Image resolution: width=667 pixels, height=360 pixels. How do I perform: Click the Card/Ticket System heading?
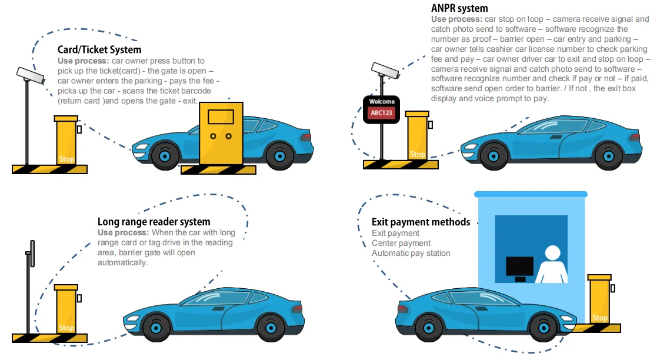(99, 50)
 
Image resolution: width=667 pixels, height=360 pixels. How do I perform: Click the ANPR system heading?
(459, 8)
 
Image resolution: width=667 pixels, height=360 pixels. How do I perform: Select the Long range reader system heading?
(154, 222)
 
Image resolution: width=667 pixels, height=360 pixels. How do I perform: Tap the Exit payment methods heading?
(421, 222)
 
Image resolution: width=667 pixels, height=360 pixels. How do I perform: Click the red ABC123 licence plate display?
(382, 113)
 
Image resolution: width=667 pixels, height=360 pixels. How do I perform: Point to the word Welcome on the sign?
(382, 101)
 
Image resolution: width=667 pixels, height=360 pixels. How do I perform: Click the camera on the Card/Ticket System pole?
(30, 75)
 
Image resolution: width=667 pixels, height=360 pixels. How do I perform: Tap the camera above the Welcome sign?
(385, 70)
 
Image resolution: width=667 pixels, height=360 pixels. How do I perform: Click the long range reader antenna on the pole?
(32, 254)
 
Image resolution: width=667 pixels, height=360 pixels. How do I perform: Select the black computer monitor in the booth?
(520, 269)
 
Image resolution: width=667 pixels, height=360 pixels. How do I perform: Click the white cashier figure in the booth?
(552, 264)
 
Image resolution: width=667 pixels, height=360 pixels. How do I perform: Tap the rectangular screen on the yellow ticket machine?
(221, 116)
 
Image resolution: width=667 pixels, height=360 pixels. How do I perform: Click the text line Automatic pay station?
(411, 253)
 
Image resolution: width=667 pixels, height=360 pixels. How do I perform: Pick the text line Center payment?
(401, 243)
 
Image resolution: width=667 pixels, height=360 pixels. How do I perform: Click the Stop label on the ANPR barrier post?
(417, 154)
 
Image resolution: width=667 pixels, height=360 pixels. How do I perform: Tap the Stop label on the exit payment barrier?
(600, 318)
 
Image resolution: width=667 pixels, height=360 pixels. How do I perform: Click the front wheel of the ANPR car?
(493, 156)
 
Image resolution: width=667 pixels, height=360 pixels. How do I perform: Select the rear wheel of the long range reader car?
(271, 328)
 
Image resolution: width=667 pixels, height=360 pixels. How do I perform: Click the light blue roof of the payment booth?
(531, 194)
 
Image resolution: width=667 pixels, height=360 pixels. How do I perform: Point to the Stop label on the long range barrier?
(66, 328)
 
